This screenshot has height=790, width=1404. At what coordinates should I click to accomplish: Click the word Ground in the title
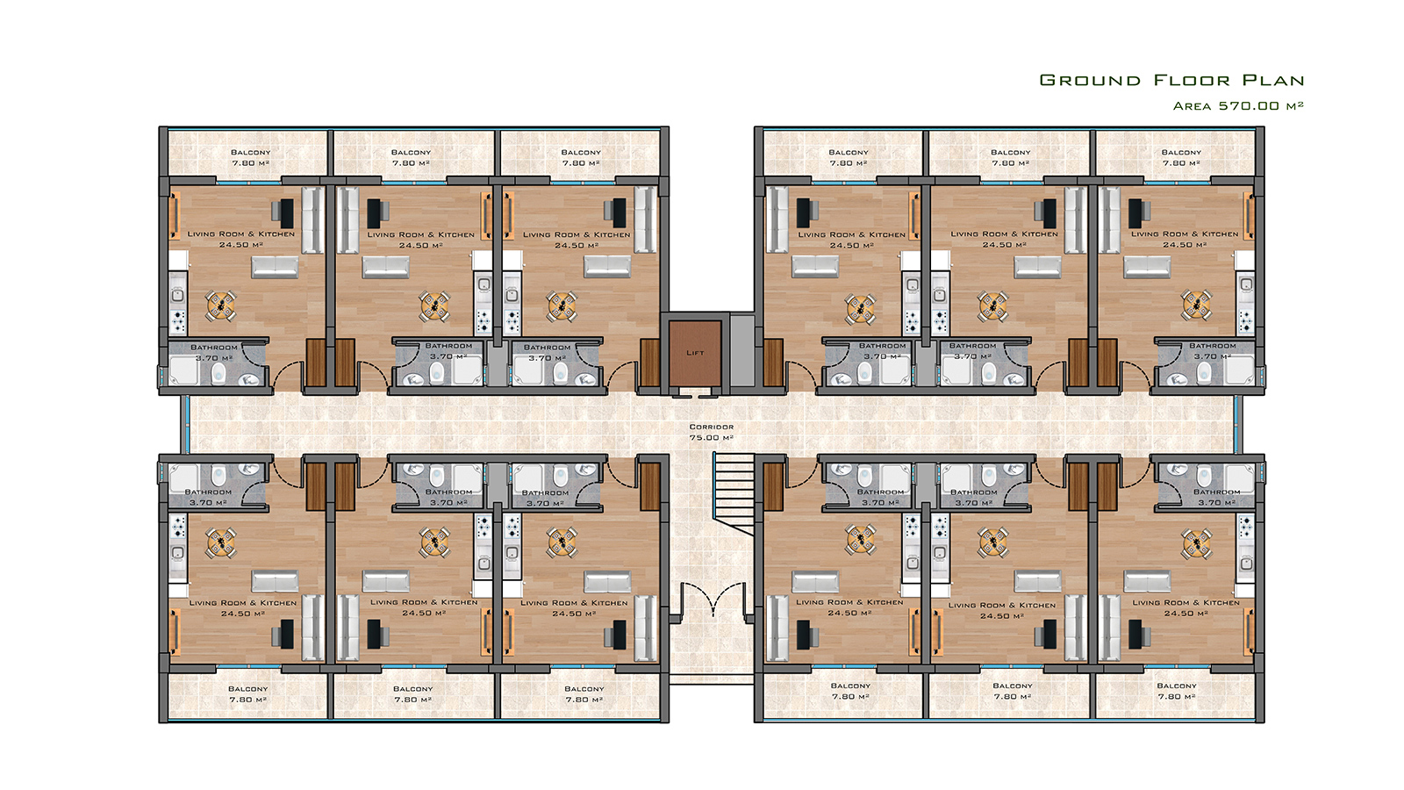click(x=1090, y=80)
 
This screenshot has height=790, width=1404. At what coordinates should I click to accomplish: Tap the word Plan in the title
click(x=1273, y=80)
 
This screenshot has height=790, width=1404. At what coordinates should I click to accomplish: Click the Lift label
click(x=695, y=352)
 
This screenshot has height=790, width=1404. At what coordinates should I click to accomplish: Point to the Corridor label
click(x=712, y=427)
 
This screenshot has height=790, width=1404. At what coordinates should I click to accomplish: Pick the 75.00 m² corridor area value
click(x=712, y=438)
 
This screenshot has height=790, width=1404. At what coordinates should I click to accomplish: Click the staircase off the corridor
click(x=734, y=493)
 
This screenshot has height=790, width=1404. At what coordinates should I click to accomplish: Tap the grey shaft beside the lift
click(x=742, y=350)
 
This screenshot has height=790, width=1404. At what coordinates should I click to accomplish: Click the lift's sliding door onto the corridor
click(x=695, y=394)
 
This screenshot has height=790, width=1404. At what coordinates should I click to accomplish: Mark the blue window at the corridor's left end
click(x=185, y=424)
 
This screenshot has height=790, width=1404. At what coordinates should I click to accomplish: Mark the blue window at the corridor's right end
click(x=1238, y=424)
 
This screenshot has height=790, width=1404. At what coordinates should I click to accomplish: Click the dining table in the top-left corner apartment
click(x=221, y=306)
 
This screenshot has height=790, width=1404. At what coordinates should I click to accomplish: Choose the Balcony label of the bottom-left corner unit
click(x=248, y=688)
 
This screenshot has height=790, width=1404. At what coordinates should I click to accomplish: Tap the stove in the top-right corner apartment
click(x=1245, y=322)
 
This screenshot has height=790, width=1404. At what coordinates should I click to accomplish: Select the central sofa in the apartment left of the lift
click(x=606, y=267)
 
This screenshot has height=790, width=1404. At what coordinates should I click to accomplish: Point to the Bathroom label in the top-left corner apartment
click(x=214, y=347)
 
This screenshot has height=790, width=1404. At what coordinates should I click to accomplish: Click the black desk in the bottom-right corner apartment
click(x=1135, y=634)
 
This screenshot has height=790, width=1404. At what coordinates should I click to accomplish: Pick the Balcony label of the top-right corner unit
click(x=1181, y=152)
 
